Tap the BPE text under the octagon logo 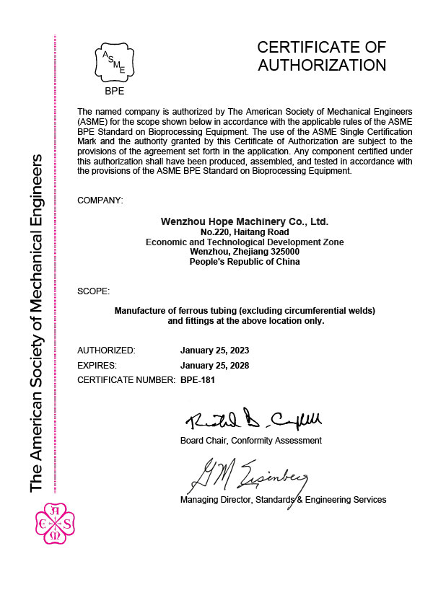[114, 92]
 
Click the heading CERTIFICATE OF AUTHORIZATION [322, 56]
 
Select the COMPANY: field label [100, 198]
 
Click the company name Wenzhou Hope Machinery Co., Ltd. [244, 221]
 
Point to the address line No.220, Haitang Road [245, 232]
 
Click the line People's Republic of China [245, 262]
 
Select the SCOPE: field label [94, 291]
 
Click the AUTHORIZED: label [106, 350]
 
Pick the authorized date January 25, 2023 [214, 350]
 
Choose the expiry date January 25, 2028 [214, 365]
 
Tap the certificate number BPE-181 [197, 379]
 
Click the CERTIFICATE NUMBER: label [126, 379]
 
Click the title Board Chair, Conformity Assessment [250, 440]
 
